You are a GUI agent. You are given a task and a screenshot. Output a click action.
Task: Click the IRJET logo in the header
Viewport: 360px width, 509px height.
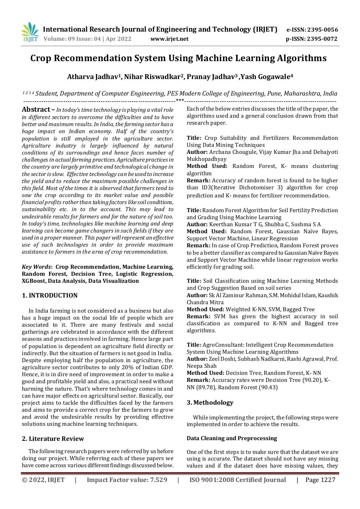coord(30,32)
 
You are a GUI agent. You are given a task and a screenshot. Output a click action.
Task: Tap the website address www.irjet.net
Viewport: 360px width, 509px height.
coord(169,39)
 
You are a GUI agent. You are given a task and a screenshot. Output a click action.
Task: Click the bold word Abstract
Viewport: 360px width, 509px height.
coord(36,109)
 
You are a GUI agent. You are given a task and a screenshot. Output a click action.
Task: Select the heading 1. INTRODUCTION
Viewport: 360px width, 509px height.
coord(50,295)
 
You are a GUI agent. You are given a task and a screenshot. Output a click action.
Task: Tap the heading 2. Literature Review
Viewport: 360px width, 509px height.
coord(53,439)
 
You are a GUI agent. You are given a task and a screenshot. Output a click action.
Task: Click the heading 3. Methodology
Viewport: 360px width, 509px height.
coord(210,403)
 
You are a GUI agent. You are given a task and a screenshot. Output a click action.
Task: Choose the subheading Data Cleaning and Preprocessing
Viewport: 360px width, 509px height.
coord(232,438)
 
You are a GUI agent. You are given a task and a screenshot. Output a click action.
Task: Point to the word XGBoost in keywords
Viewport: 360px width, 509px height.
coord(33,281)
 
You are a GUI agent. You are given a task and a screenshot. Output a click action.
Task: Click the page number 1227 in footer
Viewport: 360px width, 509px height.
coord(328,480)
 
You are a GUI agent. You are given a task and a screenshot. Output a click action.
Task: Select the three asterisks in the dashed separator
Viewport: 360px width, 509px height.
coord(180,101)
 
